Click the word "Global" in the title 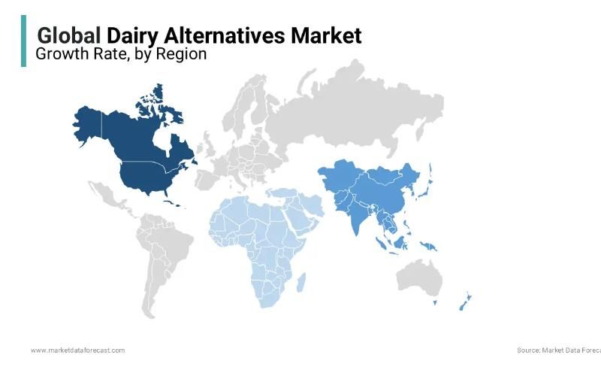click(x=69, y=35)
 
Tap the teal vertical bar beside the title click(x=23, y=41)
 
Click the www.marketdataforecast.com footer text click(x=77, y=350)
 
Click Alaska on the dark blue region click(x=89, y=124)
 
